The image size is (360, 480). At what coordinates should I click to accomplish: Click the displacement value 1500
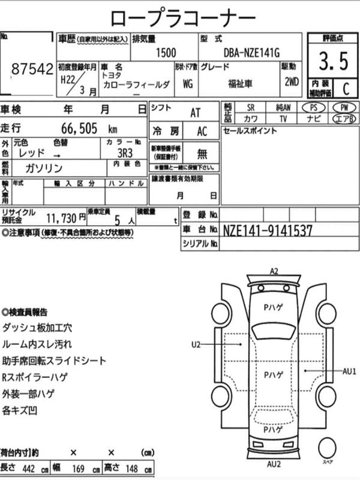pos(166,52)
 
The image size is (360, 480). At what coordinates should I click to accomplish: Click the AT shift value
pos(196,112)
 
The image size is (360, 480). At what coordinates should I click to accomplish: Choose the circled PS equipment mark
pos(313,107)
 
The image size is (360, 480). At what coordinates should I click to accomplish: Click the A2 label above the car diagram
pos(274,271)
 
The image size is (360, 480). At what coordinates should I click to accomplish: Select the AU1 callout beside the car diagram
pos(350,371)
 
